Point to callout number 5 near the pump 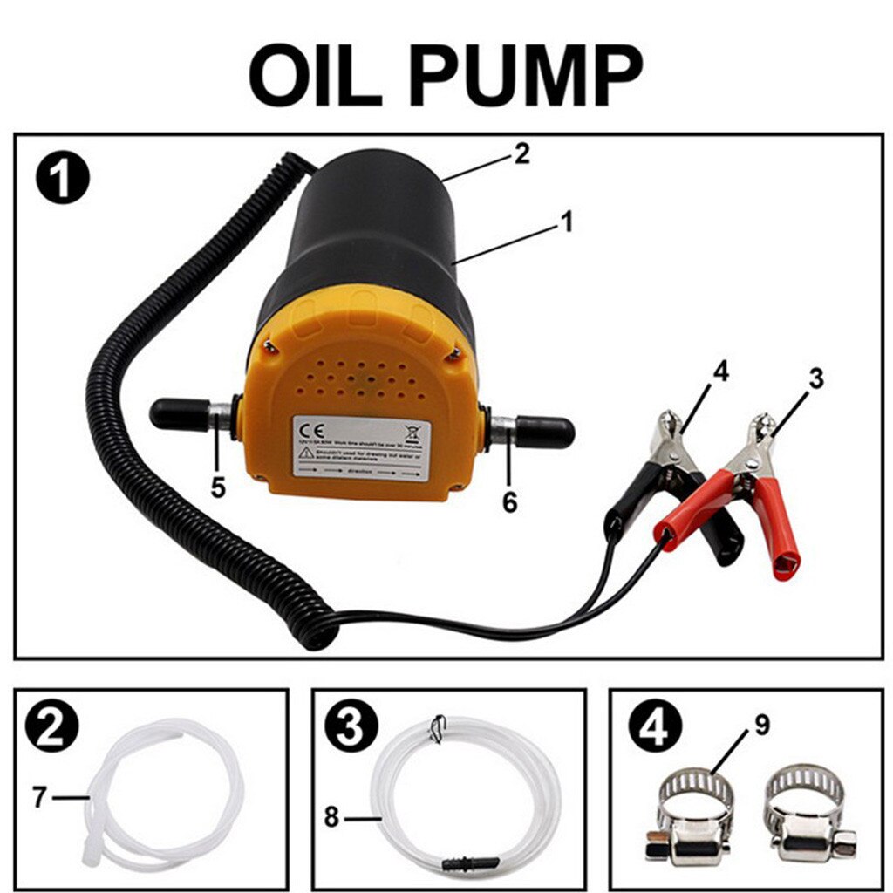[217, 487]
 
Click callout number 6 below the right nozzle [508, 501]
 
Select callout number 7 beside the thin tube [39, 797]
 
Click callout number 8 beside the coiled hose [332, 819]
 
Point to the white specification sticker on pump [360, 446]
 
